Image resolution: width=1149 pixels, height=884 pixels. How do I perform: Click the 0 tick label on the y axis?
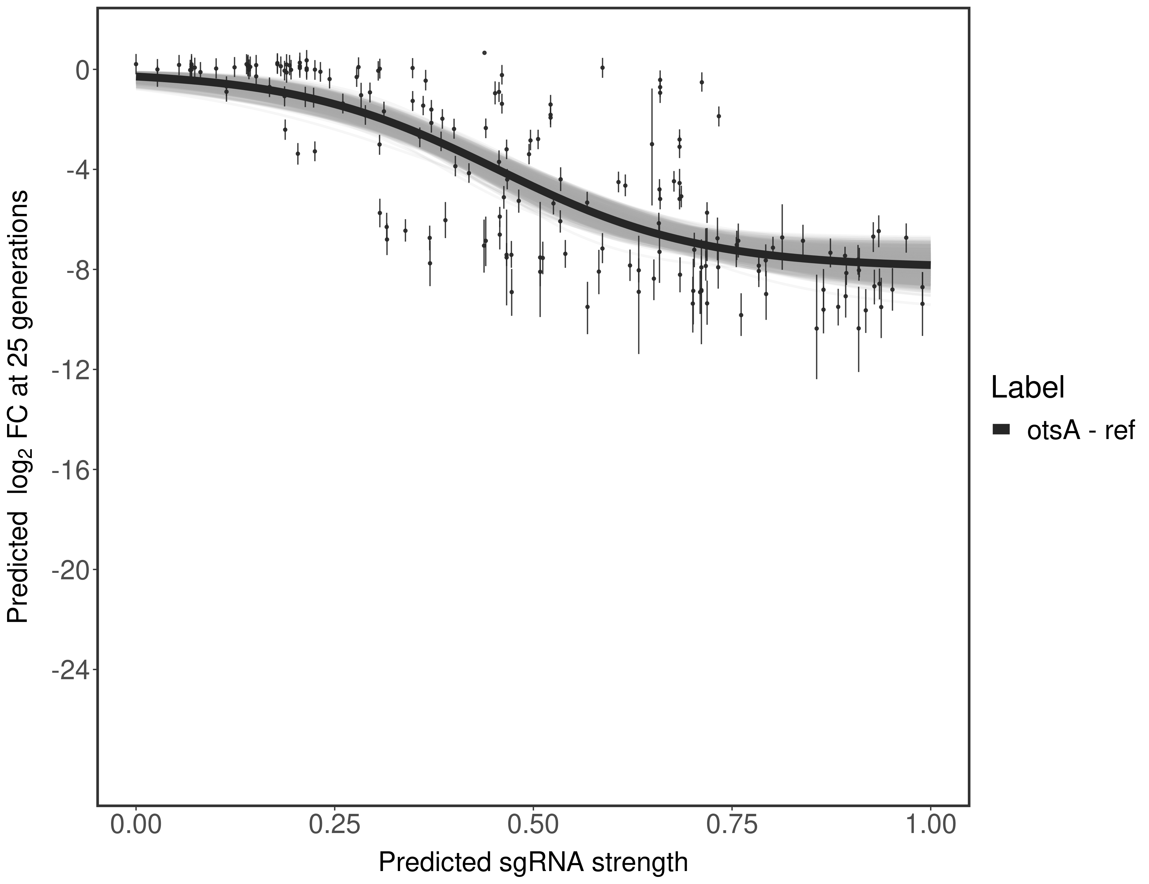[x=82, y=70]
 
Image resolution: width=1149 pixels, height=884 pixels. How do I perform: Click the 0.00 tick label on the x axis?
[x=136, y=824]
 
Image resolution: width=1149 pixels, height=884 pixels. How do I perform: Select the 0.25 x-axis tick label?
[x=335, y=824]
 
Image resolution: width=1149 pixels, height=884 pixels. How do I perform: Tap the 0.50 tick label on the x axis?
[x=533, y=824]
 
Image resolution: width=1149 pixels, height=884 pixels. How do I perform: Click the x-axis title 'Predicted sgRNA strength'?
[x=533, y=863]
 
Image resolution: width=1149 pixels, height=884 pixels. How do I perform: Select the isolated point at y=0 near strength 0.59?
[x=602, y=67]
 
